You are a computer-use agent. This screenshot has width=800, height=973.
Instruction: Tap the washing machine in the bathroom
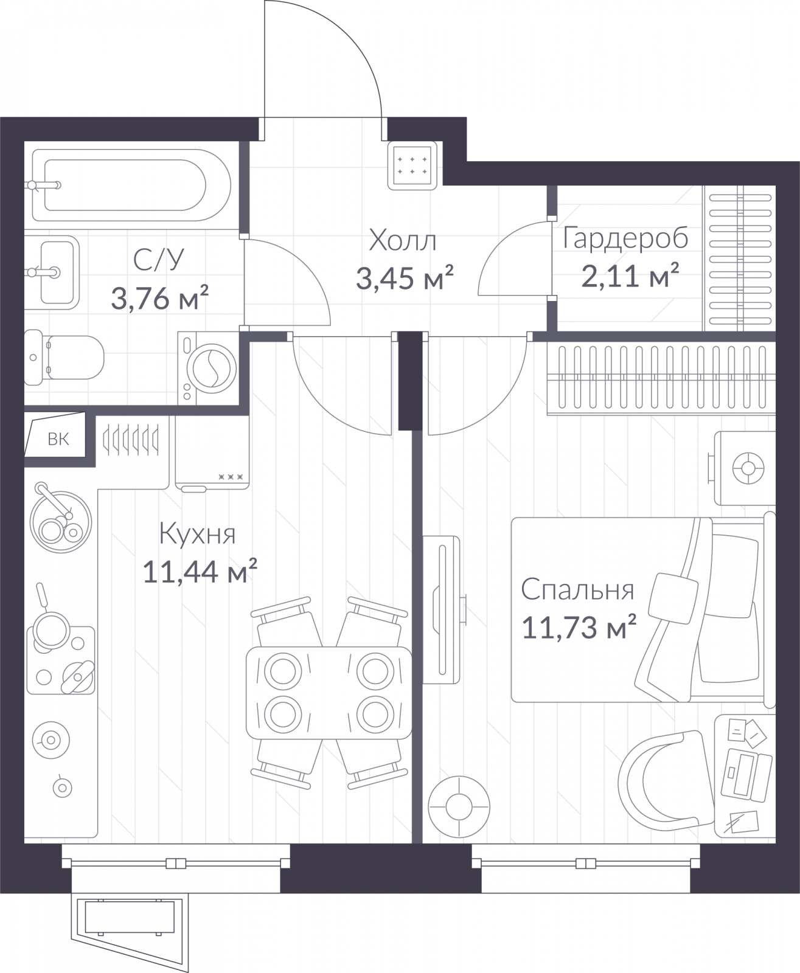pyautogui.click(x=209, y=368)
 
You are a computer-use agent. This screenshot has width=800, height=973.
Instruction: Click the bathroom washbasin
pyautogui.click(x=52, y=272)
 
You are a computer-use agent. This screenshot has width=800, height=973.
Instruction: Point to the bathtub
pyautogui.click(x=131, y=185)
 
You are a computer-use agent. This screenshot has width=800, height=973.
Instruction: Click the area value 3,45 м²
pyautogui.click(x=405, y=278)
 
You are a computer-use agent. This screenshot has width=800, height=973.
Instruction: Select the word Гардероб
pyautogui.click(x=625, y=238)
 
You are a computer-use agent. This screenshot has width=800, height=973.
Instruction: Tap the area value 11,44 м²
pyautogui.click(x=200, y=572)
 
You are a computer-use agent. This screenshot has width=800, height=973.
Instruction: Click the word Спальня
pyautogui.click(x=577, y=590)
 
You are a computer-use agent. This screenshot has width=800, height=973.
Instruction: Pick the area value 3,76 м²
pyautogui.click(x=160, y=298)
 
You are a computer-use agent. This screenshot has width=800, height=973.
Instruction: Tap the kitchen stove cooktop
pyautogui.click(x=61, y=660)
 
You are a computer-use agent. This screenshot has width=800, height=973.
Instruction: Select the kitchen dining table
pyautogui.click(x=329, y=693)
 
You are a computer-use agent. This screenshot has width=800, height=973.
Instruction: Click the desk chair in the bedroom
pyautogui.click(x=665, y=784)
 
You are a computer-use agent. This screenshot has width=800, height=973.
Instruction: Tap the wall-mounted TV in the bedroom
pyautogui.click(x=442, y=609)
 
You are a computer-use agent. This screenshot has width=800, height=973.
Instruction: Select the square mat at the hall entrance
pyautogui.click(x=412, y=165)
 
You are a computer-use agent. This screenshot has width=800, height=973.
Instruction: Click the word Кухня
pyautogui.click(x=198, y=535)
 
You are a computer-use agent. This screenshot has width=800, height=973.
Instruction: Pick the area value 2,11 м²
pyautogui.click(x=630, y=275)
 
